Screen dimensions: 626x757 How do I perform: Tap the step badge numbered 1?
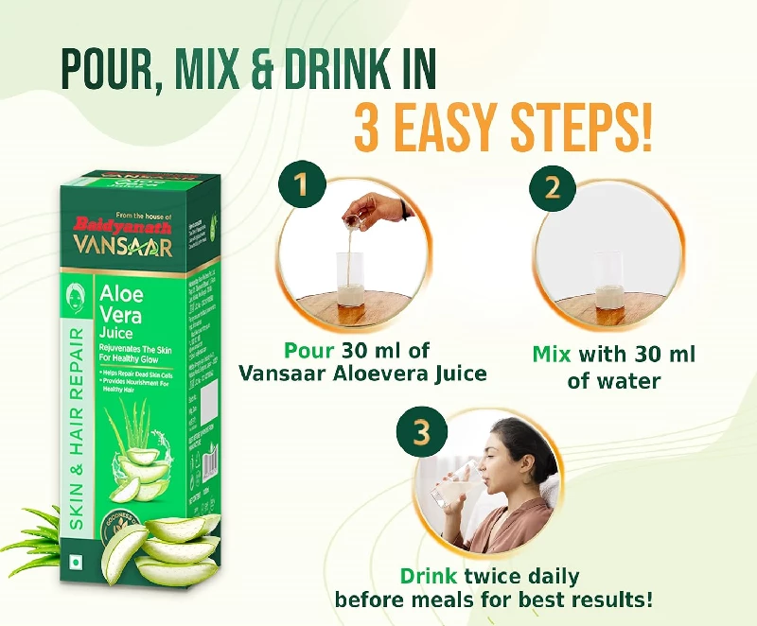(x=302, y=185)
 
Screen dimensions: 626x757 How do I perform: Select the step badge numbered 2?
(x=552, y=185)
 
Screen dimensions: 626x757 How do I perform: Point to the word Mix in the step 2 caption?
(x=553, y=355)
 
